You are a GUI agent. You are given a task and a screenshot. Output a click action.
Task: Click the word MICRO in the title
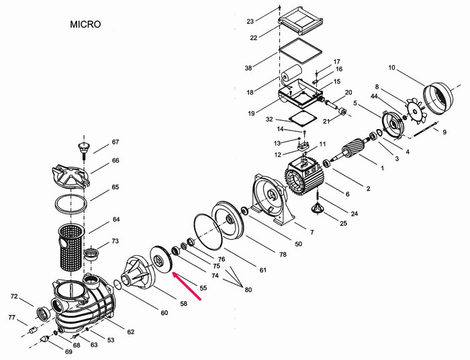pos(85,24)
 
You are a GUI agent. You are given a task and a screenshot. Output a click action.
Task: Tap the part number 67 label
pos(115,142)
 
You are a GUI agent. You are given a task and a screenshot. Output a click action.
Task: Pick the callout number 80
pos(248,289)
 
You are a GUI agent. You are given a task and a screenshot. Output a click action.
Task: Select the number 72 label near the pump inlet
pos(14,296)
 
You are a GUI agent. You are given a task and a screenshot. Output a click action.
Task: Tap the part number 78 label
pos(283,255)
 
